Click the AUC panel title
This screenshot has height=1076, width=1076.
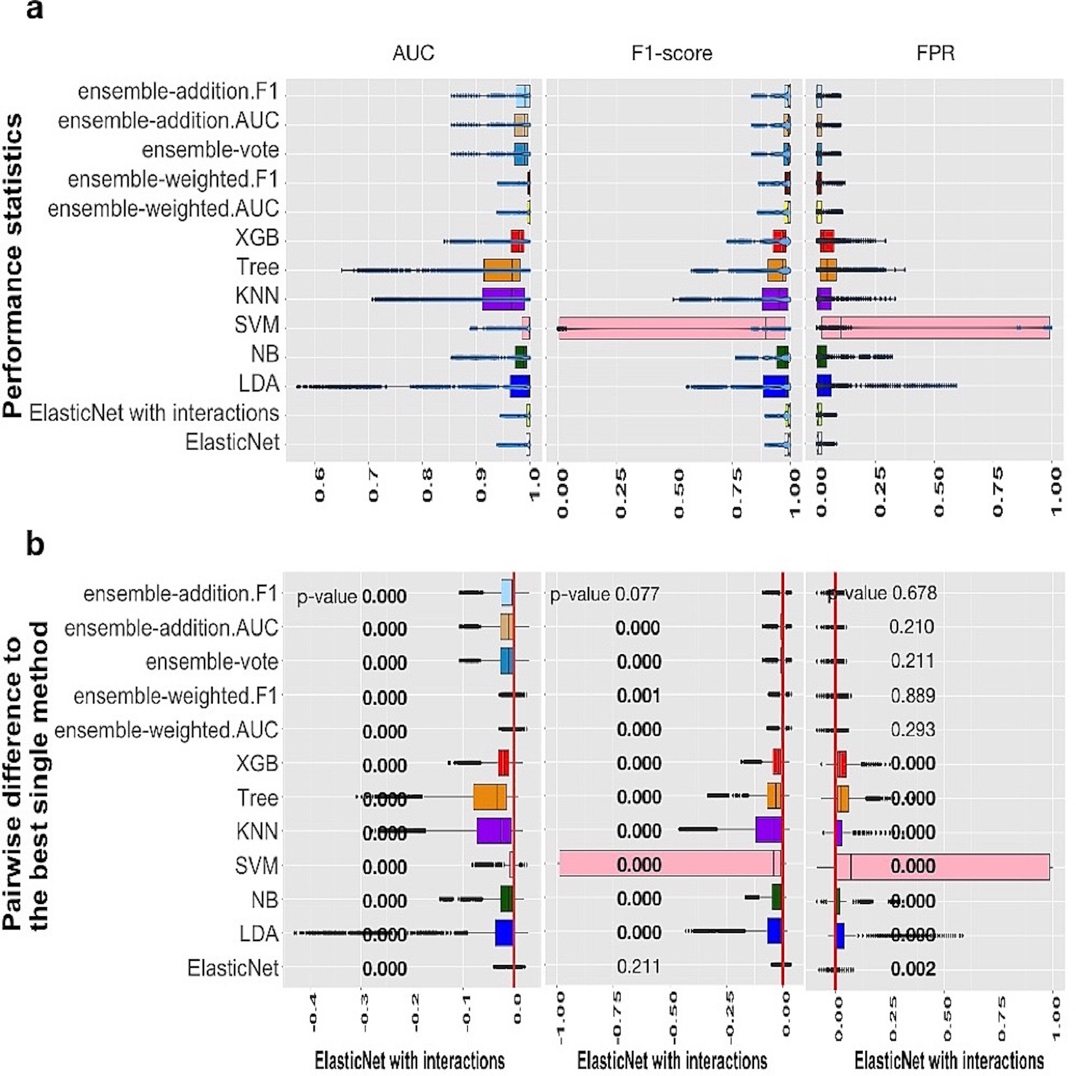point(413,54)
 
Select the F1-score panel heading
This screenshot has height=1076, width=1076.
point(671,54)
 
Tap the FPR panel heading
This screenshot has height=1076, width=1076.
point(935,54)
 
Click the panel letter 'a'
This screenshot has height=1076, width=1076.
point(34,10)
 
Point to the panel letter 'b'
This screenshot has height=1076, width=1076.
point(35,544)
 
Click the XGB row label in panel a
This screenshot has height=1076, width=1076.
point(257,238)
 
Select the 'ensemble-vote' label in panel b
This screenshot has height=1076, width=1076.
point(212,662)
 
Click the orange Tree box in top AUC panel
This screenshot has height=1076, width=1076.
point(502,270)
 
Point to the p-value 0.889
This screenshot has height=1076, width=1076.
point(913,696)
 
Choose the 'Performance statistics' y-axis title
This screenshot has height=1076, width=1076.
point(13,266)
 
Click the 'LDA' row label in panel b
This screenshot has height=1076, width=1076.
point(258,934)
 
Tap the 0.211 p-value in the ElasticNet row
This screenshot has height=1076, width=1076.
point(638,966)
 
